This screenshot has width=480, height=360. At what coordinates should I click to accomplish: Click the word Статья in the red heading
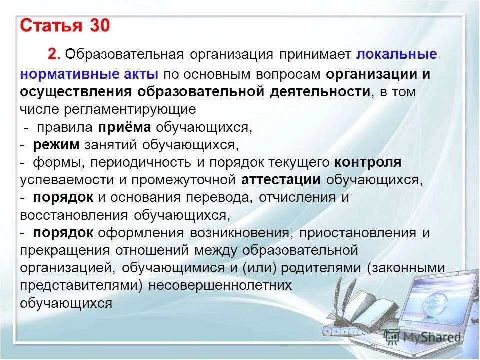[x=51, y=26]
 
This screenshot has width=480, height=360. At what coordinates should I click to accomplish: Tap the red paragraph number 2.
[x=55, y=54]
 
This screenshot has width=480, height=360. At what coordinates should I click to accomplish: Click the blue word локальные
[x=397, y=54]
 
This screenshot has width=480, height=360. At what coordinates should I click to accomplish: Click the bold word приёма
[x=124, y=127]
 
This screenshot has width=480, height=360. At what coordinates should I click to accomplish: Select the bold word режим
[x=56, y=145]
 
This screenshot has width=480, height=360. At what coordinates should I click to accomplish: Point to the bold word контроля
[x=368, y=162]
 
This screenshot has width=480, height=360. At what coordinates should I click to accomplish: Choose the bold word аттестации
[x=281, y=180]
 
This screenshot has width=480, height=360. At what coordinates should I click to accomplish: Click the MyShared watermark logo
[x=423, y=337]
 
